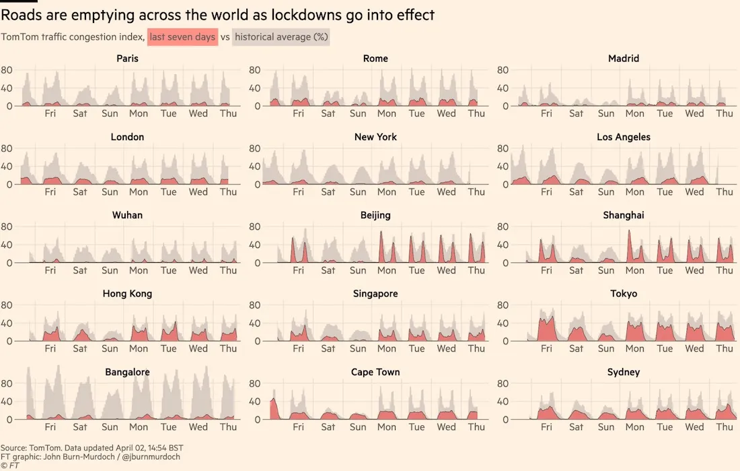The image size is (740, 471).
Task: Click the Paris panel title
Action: (x=127, y=59)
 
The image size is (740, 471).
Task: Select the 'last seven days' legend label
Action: (x=182, y=36)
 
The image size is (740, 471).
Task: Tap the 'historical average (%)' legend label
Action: (x=281, y=36)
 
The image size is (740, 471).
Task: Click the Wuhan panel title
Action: (x=127, y=216)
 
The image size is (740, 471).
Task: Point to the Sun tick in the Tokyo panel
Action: (x=606, y=348)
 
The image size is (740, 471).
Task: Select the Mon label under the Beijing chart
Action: (x=387, y=270)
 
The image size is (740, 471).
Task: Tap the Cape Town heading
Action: (x=375, y=373)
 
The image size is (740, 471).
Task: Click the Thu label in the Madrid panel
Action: (x=725, y=113)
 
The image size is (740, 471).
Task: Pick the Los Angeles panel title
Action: (x=624, y=137)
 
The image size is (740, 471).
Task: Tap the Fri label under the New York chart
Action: (x=298, y=191)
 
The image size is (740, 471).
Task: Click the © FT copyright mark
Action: (x=10, y=465)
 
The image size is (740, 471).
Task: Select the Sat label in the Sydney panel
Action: (x=576, y=427)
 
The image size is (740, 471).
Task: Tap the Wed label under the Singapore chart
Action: (x=446, y=348)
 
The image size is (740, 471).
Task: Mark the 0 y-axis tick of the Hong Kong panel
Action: (x=9, y=341)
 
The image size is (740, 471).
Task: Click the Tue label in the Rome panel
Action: (x=416, y=113)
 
